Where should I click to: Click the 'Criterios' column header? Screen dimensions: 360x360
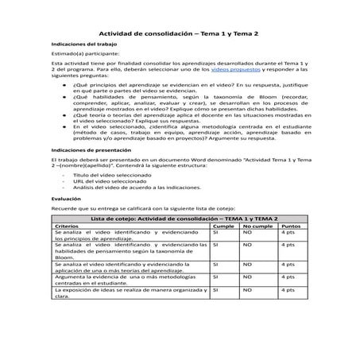68,226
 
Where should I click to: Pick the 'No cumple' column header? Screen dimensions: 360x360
257,226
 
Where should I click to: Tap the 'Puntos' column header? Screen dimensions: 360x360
292,226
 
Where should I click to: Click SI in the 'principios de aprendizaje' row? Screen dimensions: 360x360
215,233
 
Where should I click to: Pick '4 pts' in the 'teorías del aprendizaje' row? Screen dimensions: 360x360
289,265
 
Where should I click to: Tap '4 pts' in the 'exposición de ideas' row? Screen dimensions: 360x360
289,292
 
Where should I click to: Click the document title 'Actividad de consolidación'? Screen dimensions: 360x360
180,33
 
